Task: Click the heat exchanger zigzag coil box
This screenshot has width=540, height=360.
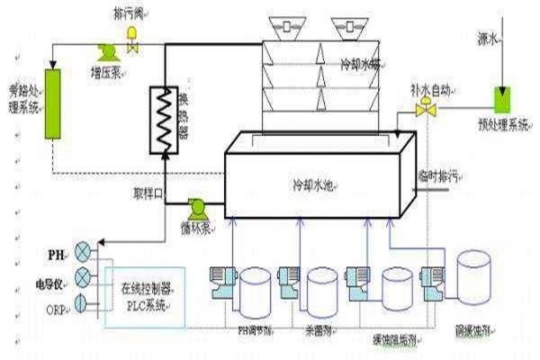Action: (x=164, y=113)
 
